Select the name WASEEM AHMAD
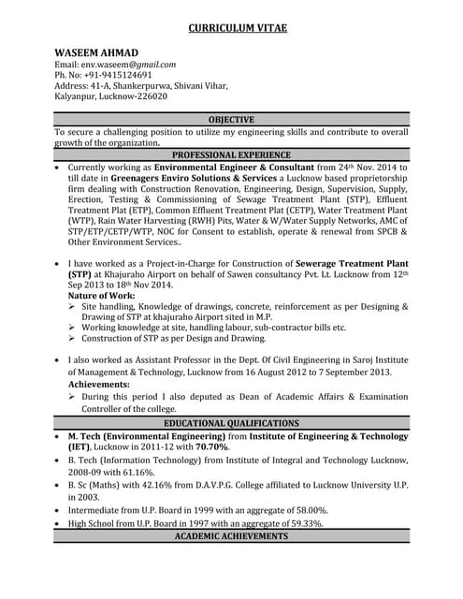coord(96,51)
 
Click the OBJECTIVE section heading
coord(231,119)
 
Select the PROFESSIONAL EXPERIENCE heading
coord(231,154)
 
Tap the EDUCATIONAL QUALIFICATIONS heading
coord(231,423)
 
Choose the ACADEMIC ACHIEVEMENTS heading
coord(231,536)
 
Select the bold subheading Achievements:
coord(99,385)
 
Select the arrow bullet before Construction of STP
coord(73,339)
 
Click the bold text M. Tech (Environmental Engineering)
coord(146,436)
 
